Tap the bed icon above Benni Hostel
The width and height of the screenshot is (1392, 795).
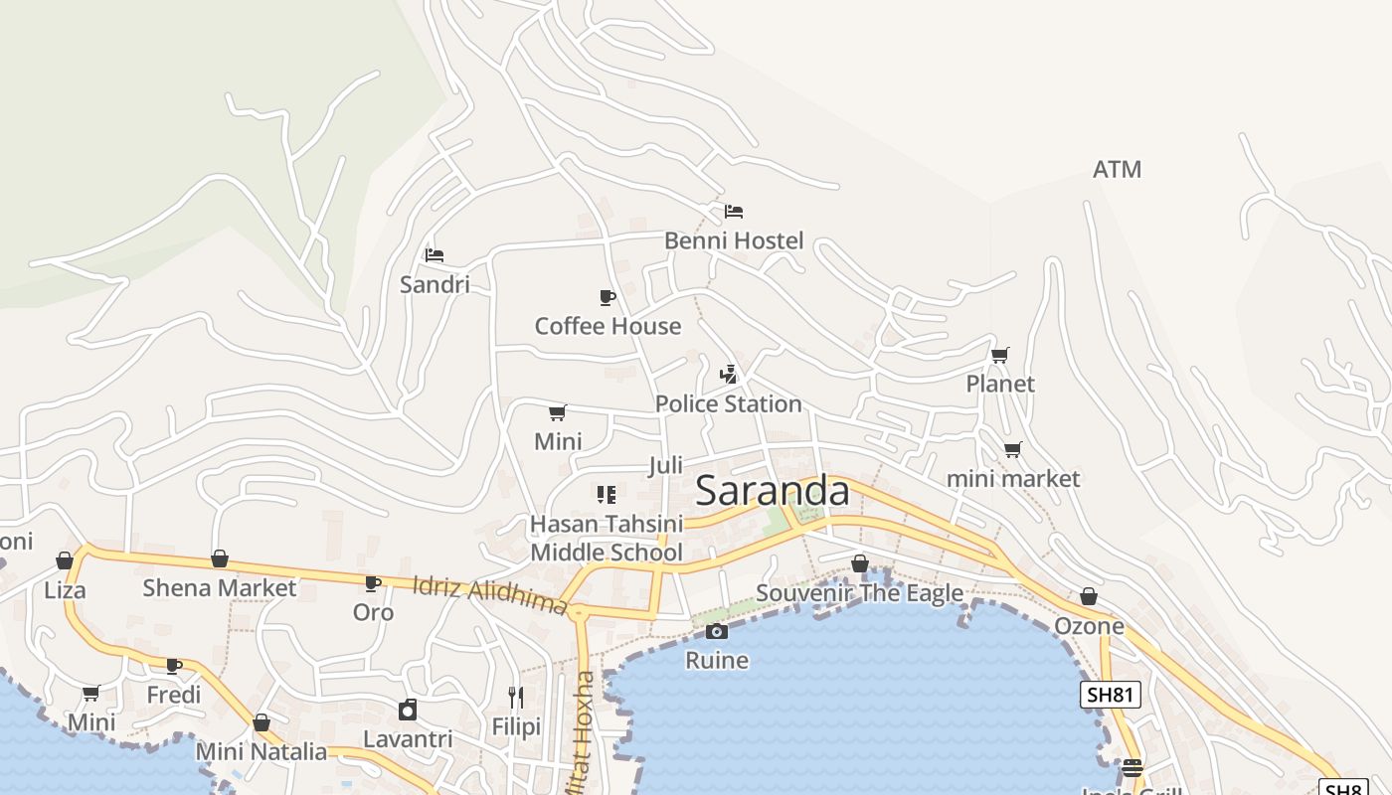734,211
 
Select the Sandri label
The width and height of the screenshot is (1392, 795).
435,285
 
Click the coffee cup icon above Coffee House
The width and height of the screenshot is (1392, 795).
607,297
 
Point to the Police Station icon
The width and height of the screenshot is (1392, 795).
729,375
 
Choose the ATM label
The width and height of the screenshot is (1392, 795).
1117,170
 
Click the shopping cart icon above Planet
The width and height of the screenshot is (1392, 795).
1000,355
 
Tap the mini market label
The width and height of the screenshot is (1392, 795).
1012,479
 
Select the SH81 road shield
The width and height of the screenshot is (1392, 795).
1110,695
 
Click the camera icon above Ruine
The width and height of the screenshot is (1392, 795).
716,631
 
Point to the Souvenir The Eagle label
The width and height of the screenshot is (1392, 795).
859,593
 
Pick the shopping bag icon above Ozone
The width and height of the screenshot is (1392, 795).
1089,596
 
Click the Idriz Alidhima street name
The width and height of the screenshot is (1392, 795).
489,595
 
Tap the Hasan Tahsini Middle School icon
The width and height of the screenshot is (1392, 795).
606,494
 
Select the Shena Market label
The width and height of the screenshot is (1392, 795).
219,588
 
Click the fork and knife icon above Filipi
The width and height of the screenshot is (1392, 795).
515,698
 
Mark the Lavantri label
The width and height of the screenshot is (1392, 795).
408,739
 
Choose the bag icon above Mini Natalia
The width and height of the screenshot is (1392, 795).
261,722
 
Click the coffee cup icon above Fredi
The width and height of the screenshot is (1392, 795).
174,666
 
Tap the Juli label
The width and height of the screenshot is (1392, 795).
665,465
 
